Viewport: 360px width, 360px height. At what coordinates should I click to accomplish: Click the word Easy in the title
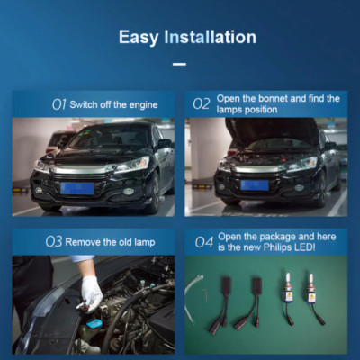pyautogui.click(x=139, y=38)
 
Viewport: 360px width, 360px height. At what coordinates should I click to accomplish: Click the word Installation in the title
pyautogui.click(x=210, y=37)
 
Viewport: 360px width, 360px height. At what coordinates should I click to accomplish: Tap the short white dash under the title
pyautogui.click(x=179, y=64)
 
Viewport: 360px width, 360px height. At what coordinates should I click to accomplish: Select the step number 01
pyautogui.click(x=58, y=104)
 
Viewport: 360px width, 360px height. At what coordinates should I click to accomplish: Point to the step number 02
pyautogui.click(x=202, y=104)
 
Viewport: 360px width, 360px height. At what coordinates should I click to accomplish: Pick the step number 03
pyautogui.click(x=54, y=242)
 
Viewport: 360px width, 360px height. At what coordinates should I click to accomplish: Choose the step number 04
pyautogui.click(x=204, y=242)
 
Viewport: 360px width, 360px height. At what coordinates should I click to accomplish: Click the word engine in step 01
pyautogui.click(x=143, y=105)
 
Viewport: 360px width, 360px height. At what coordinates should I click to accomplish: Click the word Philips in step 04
pyautogui.click(x=275, y=247)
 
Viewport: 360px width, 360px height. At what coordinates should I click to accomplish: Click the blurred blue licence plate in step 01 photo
pyautogui.click(x=77, y=188)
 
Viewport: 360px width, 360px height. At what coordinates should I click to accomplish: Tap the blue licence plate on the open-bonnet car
pyautogui.click(x=255, y=185)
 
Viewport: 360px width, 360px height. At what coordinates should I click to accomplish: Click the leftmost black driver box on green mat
pyautogui.click(x=227, y=283)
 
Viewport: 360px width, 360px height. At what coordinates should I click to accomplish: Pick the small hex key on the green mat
pyautogui.click(x=205, y=295)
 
